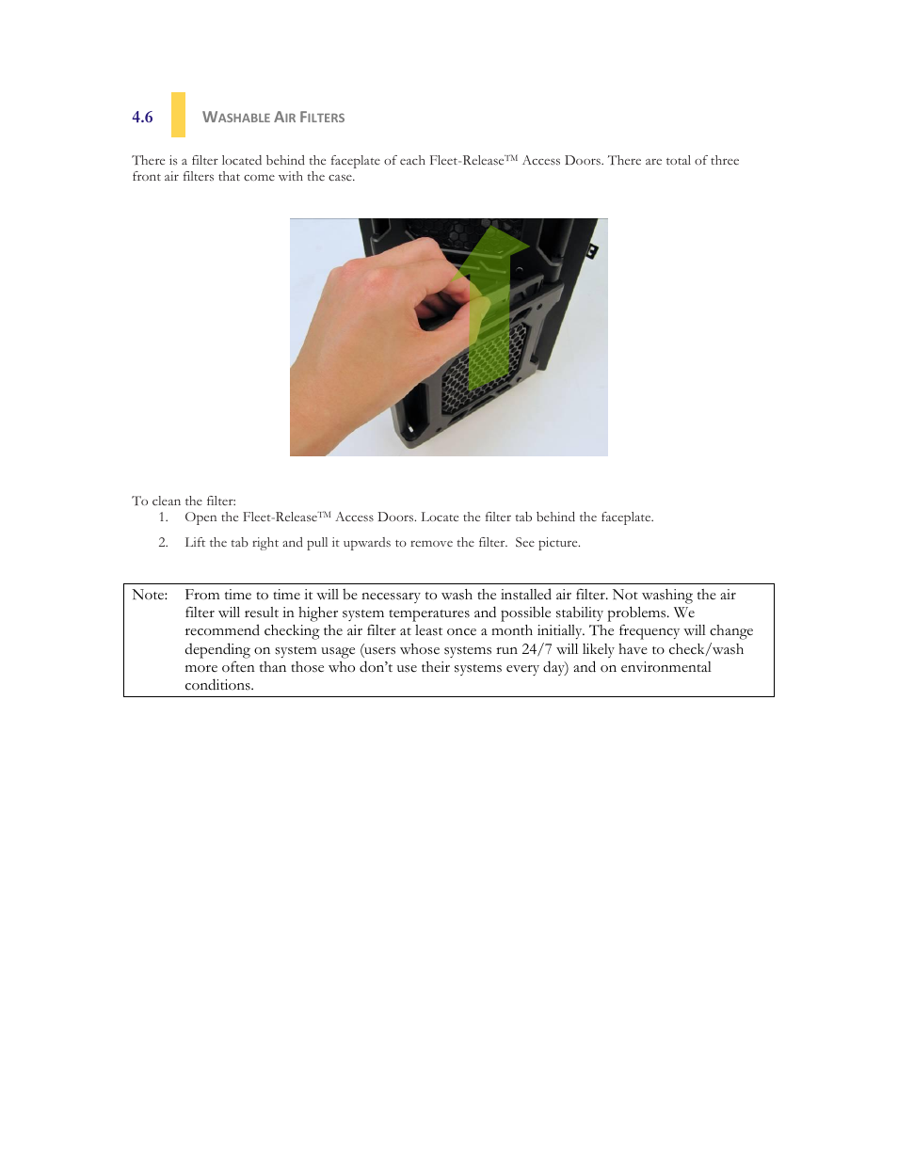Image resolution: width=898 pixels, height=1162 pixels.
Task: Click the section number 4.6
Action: [142, 118]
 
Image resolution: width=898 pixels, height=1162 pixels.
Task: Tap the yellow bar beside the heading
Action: [178, 115]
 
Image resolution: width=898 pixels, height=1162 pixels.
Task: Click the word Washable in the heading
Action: [236, 118]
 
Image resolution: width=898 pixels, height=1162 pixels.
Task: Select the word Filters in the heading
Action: [322, 118]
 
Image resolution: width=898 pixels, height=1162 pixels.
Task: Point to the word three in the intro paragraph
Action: [725, 161]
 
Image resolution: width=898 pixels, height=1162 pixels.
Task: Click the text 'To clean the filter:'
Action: [184, 501]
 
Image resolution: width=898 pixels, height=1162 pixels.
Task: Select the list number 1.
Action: [163, 517]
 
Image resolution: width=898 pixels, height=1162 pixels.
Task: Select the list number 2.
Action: [163, 543]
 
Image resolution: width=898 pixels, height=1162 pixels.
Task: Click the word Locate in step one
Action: [440, 517]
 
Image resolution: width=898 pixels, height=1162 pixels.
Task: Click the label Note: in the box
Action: [150, 595]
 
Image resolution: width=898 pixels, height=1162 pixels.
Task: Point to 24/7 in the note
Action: [537, 649]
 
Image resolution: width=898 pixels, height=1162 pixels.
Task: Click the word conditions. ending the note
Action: [219, 686]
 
